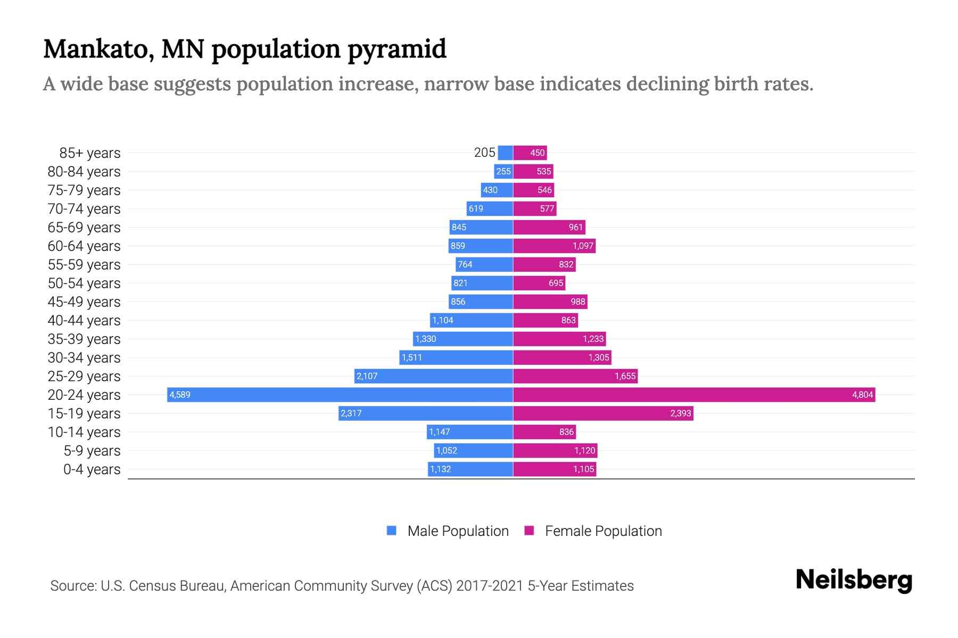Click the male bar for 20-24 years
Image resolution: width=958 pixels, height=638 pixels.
pyautogui.click(x=341, y=394)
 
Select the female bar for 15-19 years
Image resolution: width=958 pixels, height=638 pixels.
pyautogui.click(x=603, y=413)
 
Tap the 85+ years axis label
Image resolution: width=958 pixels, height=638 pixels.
pyautogui.click(x=90, y=153)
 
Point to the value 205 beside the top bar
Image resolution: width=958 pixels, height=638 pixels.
pyautogui.click(x=484, y=153)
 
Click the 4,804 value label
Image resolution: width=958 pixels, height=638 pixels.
pyautogui.click(x=862, y=394)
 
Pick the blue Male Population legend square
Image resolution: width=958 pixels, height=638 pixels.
pyautogui.click(x=392, y=531)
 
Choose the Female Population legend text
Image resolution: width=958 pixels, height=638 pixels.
pyautogui.click(x=603, y=531)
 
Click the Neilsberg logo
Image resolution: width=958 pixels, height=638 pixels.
pyautogui.click(x=854, y=580)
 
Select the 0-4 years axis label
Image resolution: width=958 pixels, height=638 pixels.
pyautogui.click(x=92, y=469)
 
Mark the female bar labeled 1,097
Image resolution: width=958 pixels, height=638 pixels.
pyautogui.click(x=554, y=246)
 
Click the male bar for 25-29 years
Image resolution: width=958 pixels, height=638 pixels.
pyautogui.click(x=434, y=376)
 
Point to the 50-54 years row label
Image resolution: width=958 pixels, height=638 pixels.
pyautogui.click(x=84, y=283)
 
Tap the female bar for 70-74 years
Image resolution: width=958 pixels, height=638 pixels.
pyautogui.click(x=534, y=208)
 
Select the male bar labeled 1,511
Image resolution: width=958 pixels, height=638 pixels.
pyautogui.click(x=456, y=357)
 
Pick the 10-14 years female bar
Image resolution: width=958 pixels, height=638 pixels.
pyautogui.click(x=544, y=432)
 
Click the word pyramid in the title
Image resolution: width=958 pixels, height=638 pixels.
pyautogui.click(x=397, y=49)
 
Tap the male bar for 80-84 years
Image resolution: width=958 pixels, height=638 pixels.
pyautogui.click(x=503, y=171)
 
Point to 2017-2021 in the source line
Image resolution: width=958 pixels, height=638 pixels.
pyautogui.click(x=490, y=586)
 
